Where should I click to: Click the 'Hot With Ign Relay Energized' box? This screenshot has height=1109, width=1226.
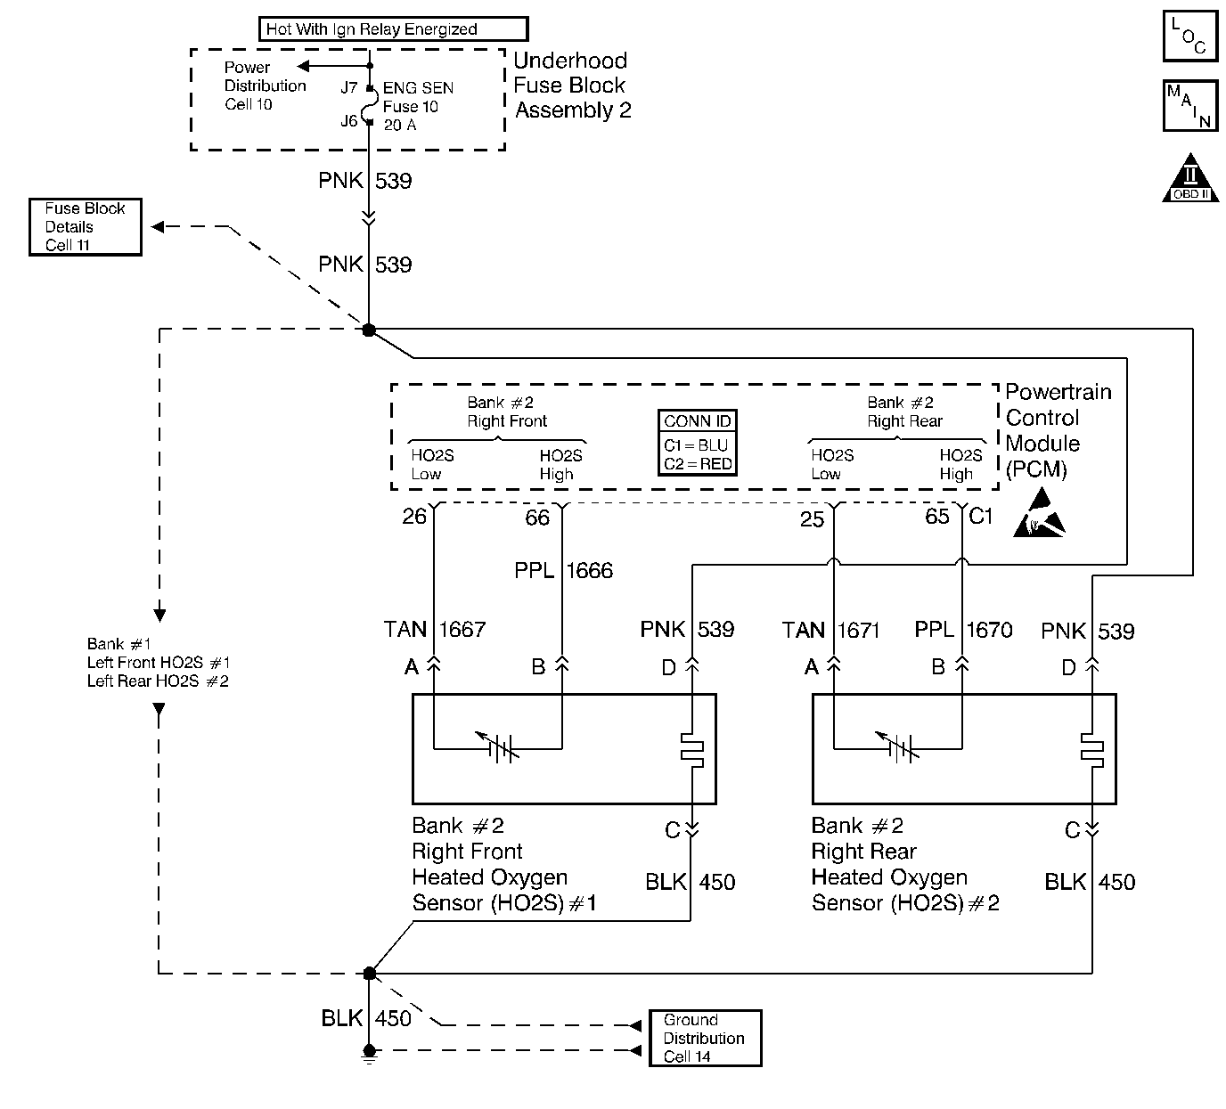click(x=393, y=29)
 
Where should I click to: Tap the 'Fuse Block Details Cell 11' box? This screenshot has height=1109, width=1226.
click(x=86, y=227)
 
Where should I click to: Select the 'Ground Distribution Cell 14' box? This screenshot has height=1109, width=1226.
click(x=705, y=1038)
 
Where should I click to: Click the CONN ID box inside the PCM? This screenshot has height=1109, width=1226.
click(x=698, y=443)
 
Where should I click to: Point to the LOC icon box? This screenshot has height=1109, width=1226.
click(x=1189, y=36)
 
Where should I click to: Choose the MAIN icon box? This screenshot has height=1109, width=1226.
click(x=1189, y=106)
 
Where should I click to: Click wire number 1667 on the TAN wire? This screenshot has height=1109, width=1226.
click(x=462, y=630)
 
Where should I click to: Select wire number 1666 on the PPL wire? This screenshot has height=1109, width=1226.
click(x=589, y=571)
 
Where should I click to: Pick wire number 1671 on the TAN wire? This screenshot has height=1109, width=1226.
click(x=858, y=632)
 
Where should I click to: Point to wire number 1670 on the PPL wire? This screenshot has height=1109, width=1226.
click(x=989, y=631)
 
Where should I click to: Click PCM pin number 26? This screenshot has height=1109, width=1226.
click(x=414, y=517)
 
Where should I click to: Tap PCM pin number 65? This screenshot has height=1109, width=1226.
click(x=937, y=517)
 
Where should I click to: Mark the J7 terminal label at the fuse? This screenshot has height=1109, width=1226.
click(x=349, y=88)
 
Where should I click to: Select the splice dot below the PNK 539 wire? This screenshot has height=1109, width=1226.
click(x=369, y=330)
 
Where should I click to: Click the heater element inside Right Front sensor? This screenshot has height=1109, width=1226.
click(x=691, y=750)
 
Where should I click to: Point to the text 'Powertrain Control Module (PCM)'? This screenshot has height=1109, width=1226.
click(x=1058, y=430)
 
